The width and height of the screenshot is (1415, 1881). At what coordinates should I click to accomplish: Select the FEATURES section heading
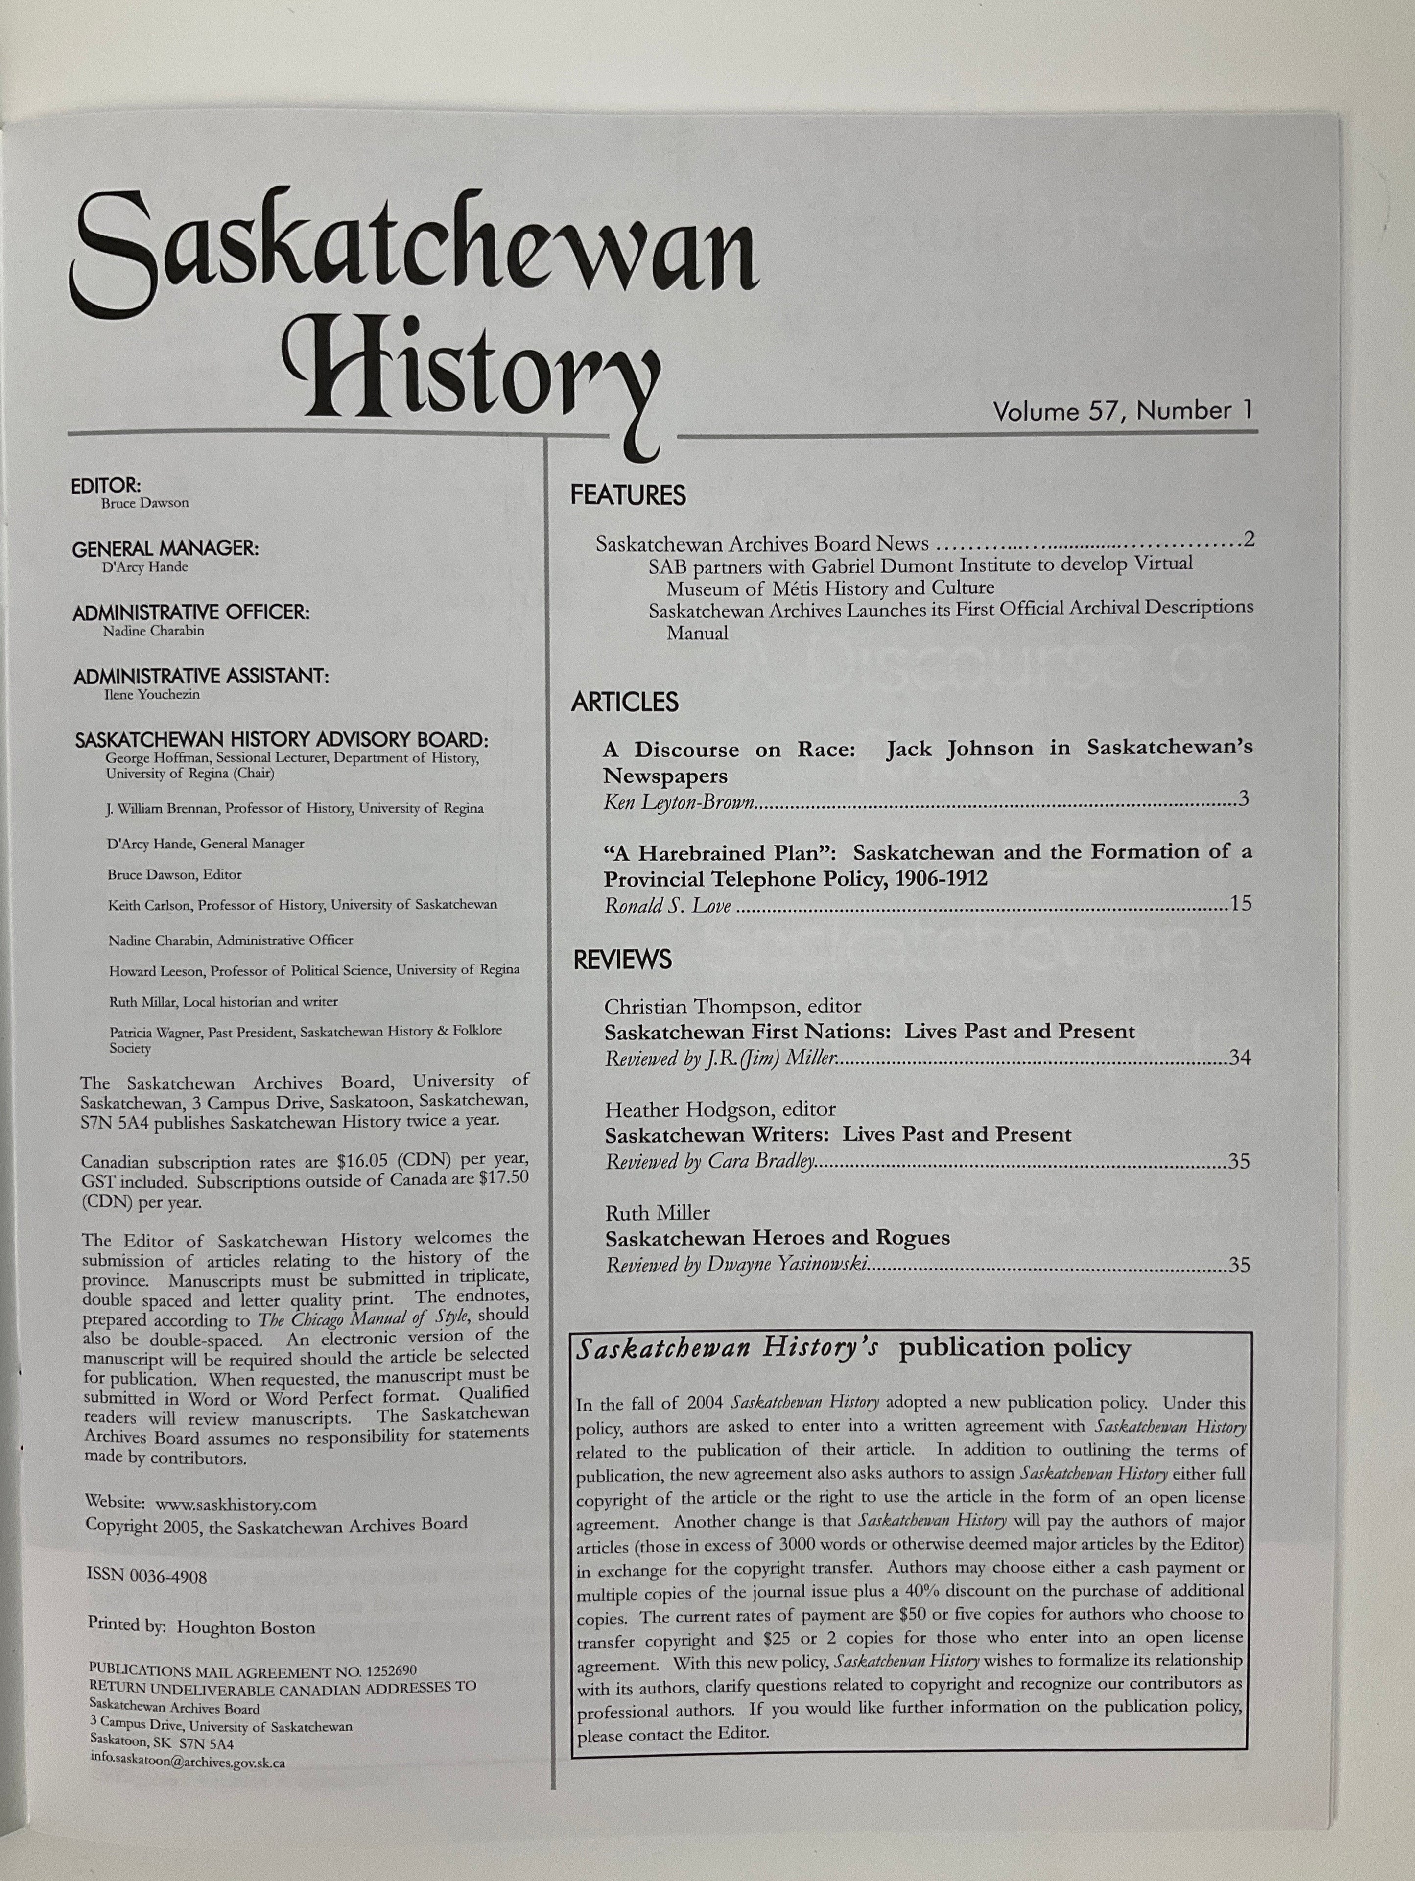tap(628, 496)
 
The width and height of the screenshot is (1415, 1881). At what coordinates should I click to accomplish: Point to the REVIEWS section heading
tap(622, 960)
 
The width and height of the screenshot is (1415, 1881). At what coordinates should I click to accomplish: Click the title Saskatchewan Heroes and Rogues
tap(777, 1238)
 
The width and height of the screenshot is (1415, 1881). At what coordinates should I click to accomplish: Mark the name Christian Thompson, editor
tap(733, 1007)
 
